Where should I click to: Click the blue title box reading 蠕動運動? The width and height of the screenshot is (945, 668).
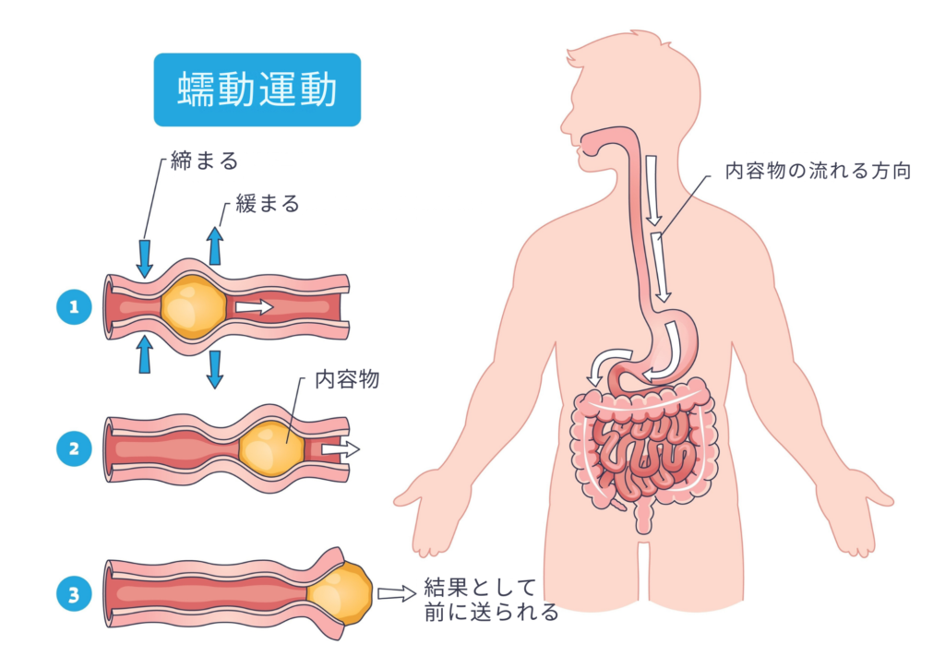(257, 89)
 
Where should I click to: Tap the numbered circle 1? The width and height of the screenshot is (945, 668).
(74, 306)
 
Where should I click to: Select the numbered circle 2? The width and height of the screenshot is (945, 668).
(74, 449)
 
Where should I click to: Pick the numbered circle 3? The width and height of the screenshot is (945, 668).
(74, 593)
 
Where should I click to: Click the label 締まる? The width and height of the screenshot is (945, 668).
(204, 161)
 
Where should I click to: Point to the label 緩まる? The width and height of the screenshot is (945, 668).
(268, 204)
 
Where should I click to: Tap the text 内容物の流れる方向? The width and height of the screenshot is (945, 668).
(818, 172)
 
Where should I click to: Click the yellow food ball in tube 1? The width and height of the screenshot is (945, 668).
(192, 305)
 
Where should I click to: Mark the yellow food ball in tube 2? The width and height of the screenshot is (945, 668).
(271, 448)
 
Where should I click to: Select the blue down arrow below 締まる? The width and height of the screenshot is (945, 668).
(145, 256)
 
